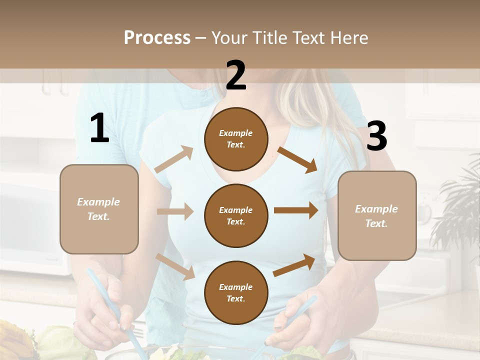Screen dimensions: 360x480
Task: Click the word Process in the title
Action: tap(157, 38)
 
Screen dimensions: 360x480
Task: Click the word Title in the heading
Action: tap(268, 38)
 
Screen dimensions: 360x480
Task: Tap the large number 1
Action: tap(99, 128)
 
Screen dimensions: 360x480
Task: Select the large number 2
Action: tap(236, 75)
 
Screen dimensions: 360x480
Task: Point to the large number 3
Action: tap(376, 136)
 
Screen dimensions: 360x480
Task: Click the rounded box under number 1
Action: tap(99, 209)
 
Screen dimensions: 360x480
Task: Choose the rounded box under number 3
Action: tap(377, 215)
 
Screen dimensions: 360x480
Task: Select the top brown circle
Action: tap(236, 139)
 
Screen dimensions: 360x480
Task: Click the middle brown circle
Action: tap(236, 215)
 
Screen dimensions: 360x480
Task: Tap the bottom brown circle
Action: tap(236, 292)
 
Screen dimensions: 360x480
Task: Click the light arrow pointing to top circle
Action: tap(174, 159)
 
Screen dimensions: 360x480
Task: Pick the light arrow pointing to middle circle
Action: tap(174, 211)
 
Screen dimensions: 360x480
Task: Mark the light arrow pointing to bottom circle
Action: tap(175, 266)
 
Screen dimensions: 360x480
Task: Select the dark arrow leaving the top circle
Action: tap(297, 159)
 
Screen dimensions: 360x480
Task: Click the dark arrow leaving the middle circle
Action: tap(296, 210)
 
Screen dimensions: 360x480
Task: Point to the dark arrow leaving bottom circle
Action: tap(294, 265)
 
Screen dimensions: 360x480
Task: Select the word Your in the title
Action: tap(230, 38)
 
